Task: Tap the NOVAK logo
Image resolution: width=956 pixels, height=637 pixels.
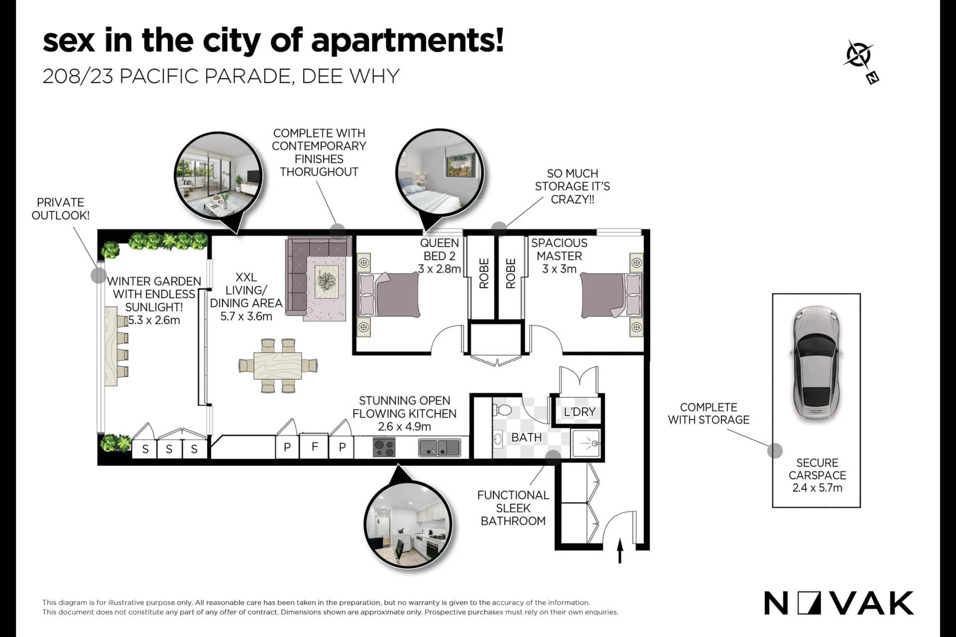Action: [x=839, y=603]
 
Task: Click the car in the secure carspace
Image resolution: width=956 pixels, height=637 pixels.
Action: [x=816, y=362]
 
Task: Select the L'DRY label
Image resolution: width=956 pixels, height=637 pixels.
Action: [x=579, y=412]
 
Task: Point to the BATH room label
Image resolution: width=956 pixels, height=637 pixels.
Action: [x=526, y=437]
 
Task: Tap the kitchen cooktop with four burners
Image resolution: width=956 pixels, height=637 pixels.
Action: [x=384, y=447]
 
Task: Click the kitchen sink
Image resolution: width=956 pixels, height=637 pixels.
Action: [x=439, y=447]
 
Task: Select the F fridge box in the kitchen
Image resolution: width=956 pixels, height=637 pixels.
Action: [x=315, y=447]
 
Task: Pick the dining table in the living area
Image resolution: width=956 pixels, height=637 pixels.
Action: [x=278, y=365]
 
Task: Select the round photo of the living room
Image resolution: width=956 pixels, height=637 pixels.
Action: [x=219, y=176]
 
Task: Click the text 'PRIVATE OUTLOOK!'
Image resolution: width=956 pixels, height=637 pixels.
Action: [x=60, y=209]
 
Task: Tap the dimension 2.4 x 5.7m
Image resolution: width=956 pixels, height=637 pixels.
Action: [x=817, y=488]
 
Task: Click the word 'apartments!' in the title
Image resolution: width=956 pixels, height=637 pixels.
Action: [x=407, y=41]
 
